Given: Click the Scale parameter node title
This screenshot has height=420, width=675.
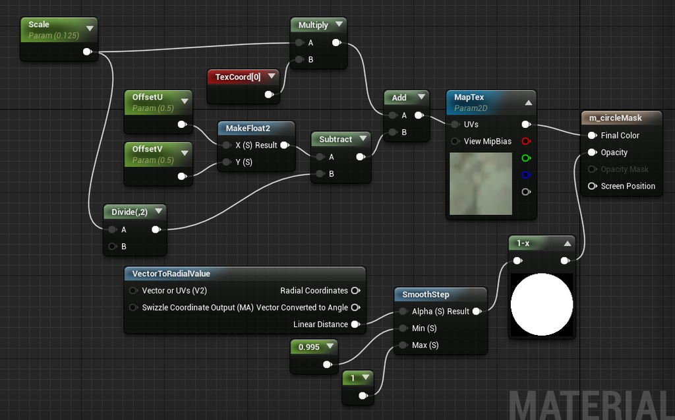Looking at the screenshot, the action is point(39,24).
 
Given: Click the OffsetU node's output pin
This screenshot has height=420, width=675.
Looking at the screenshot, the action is point(182,125).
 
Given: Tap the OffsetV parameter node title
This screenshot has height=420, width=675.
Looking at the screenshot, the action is point(147,149).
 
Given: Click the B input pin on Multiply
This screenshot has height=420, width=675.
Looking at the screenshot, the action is point(299,59).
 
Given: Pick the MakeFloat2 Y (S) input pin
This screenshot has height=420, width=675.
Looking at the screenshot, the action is point(227,162).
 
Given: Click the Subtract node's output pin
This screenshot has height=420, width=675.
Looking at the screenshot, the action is point(361,157).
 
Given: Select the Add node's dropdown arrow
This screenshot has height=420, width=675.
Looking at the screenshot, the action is point(421,97).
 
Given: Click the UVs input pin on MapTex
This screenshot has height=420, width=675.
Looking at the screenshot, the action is point(455,125).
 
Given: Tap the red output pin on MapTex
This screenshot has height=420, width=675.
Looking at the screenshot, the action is point(526,141).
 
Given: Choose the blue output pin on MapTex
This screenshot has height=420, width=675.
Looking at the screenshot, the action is point(526,175).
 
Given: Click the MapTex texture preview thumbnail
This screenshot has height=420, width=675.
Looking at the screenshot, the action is point(481,183).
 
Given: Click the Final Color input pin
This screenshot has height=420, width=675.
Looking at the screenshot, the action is point(593,135).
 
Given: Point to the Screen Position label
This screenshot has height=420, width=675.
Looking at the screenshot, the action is point(628,186).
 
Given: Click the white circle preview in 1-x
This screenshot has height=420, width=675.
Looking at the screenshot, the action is point(542,305).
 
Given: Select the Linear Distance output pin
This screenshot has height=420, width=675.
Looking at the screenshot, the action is point(355,324).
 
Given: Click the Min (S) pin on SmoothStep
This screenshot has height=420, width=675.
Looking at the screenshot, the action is point(403,328).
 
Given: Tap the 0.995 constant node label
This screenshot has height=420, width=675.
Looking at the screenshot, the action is point(309,347).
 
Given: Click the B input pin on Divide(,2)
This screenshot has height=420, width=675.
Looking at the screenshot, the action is point(112,247).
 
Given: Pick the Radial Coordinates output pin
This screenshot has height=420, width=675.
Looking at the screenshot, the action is point(355,291).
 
